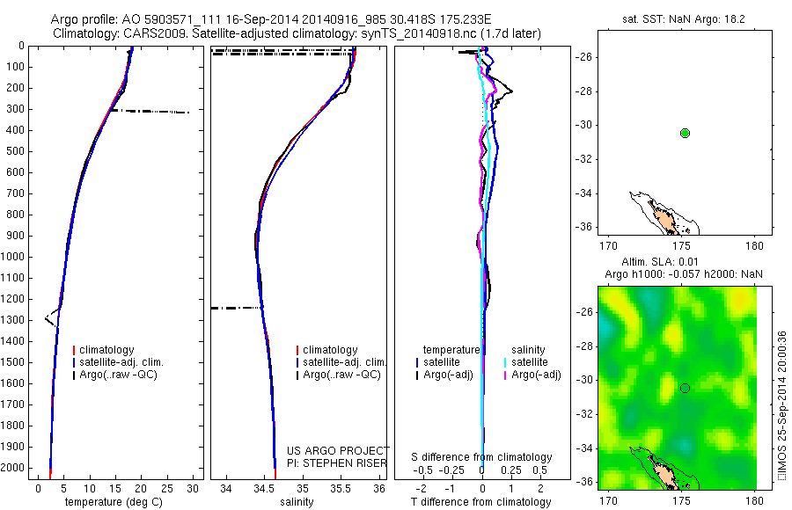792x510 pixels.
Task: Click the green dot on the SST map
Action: (x=685, y=133)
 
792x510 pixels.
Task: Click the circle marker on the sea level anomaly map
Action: (x=685, y=388)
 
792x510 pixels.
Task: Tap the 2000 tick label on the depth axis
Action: (x=14, y=468)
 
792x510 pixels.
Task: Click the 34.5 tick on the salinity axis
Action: (x=264, y=488)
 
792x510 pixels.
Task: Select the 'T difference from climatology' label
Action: (x=481, y=502)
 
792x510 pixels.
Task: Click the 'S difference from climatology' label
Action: (x=481, y=457)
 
